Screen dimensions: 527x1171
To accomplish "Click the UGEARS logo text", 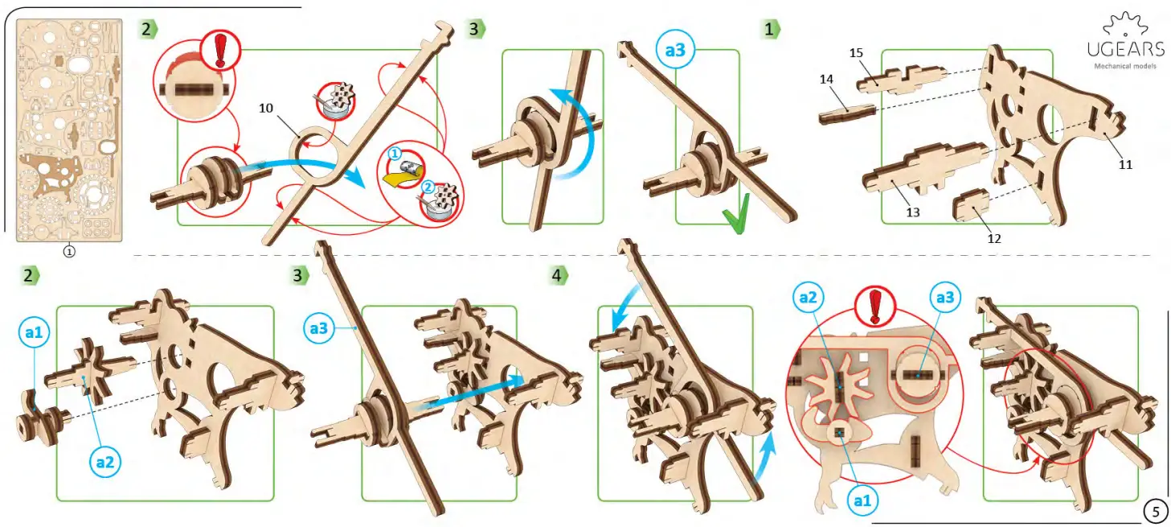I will [1125, 50].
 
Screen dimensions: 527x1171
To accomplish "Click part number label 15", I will [856, 52].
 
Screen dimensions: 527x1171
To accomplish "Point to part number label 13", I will [912, 212].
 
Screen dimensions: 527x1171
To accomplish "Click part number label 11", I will [1125, 164].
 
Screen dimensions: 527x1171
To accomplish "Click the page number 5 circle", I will [1154, 510].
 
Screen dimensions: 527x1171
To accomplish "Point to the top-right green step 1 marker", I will [771, 30].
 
